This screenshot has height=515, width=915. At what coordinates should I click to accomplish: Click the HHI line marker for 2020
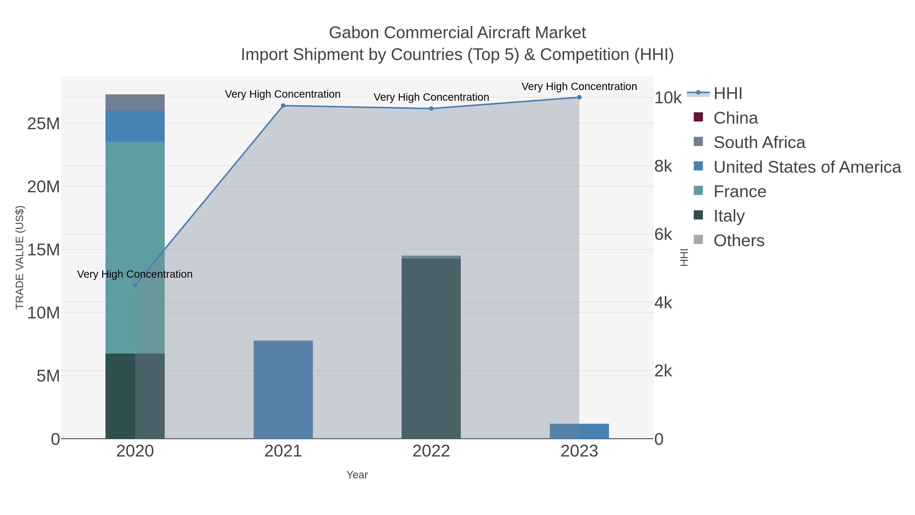pos(135,285)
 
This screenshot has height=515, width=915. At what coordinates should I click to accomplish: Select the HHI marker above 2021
pos(283,106)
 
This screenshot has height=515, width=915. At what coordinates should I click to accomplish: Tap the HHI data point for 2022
pos(431,108)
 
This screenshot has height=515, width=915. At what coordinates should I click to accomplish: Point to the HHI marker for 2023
pos(579,97)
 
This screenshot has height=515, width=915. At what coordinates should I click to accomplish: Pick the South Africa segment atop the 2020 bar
pos(135,102)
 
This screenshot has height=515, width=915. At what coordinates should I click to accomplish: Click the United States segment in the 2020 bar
pos(135,126)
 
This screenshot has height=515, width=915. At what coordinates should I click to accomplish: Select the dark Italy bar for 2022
pos(431,348)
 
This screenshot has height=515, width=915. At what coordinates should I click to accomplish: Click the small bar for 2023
pos(579,431)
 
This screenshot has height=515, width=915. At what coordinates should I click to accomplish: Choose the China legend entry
pos(735,118)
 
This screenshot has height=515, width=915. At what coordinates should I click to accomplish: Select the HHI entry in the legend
pos(727,94)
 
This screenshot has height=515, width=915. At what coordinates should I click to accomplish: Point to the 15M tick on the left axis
pos(43,250)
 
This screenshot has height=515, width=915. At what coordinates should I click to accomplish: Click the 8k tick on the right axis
pos(664,166)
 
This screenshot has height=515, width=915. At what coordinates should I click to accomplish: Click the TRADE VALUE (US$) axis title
pos(20,257)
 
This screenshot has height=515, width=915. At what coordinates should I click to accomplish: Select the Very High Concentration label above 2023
pos(579,86)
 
